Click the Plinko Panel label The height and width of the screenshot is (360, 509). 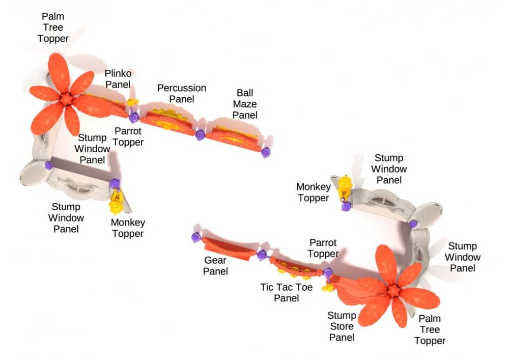[x=118, y=79]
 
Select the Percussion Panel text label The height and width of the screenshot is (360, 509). [x=181, y=93]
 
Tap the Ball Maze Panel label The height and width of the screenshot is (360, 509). [x=245, y=104]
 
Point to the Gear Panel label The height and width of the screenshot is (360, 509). [x=215, y=266]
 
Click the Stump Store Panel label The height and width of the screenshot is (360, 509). [x=341, y=326]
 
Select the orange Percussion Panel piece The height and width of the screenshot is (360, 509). [x=167, y=123]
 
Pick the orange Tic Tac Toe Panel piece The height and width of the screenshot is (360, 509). [x=295, y=268]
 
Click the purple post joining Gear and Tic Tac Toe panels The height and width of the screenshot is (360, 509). [x=262, y=255]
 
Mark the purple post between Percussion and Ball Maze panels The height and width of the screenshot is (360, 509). [x=200, y=135]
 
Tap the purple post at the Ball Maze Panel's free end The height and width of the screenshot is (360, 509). [x=266, y=152]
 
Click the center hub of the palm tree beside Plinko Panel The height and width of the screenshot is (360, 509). [x=66, y=98]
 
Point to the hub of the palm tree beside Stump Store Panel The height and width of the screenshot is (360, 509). [x=393, y=291]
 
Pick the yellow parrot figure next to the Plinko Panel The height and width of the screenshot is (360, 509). [x=133, y=102]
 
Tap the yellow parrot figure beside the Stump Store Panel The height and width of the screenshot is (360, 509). [x=327, y=288]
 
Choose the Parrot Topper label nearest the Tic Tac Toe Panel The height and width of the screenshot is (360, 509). [x=323, y=248]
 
